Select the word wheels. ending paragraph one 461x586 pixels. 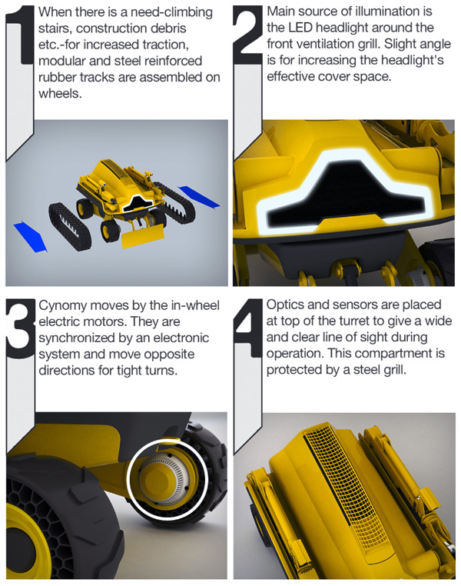(60, 93)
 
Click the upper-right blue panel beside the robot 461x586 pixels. (198, 197)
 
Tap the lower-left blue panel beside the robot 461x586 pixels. (31, 237)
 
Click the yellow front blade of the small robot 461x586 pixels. (142, 236)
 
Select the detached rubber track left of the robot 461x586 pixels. (70, 226)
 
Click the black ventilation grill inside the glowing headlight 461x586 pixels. (345, 195)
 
